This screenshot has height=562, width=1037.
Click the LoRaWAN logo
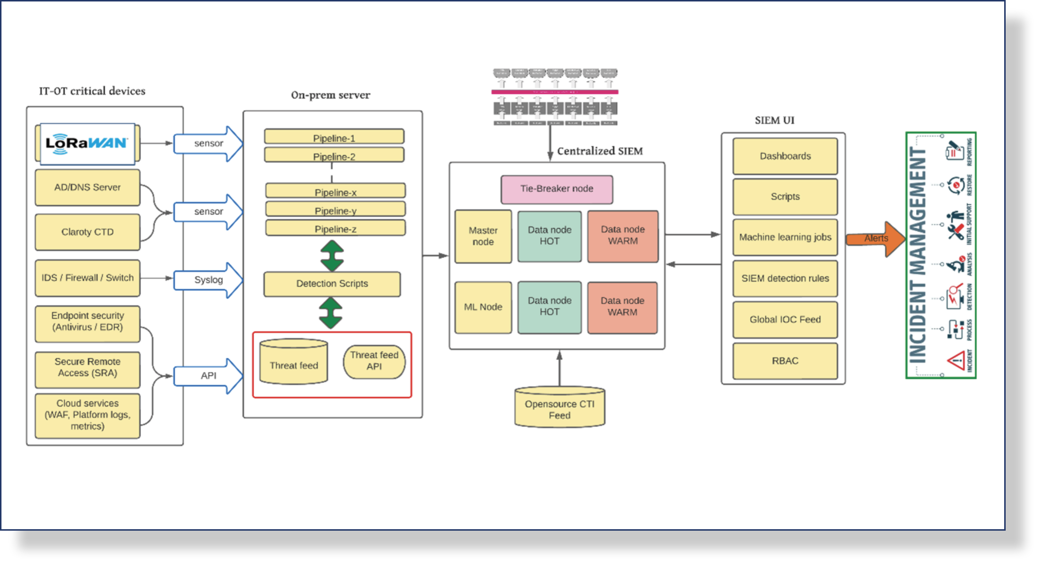(87, 143)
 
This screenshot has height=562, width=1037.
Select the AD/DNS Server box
(87, 187)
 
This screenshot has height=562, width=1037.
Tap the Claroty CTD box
(87, 232)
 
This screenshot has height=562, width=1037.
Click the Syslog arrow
(209, 280)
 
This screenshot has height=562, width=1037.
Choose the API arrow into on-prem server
(209, 376)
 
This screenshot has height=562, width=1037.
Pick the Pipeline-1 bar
(334, 137)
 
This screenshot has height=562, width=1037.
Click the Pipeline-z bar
(335, 229)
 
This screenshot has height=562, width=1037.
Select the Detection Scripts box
(332, 284)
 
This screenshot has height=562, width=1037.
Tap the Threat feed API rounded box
(374, 361)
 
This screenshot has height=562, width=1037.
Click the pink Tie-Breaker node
(557, 189)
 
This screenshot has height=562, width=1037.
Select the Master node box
(483, 236)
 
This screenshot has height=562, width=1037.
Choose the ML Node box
(483, 307)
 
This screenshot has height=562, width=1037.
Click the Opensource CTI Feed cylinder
(560, 407)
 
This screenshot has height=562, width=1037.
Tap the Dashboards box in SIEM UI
(785, 156)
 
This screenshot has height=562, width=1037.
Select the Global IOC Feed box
(785, 320)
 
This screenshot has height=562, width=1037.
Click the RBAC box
(785, 361)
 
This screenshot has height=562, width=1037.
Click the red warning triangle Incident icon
(955, 361)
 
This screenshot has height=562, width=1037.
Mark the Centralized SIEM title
(600, 151)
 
